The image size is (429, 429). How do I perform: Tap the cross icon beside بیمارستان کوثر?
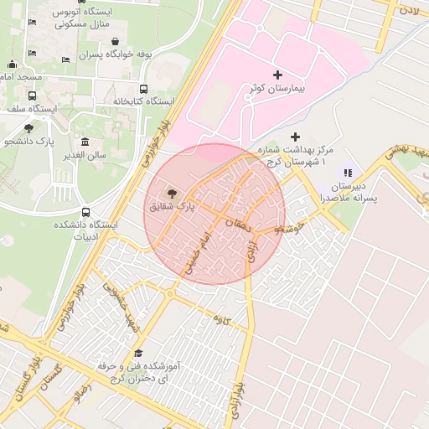pos(278,75)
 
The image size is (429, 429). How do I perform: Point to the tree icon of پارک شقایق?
pos(173,192)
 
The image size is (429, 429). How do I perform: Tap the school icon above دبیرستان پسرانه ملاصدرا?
pos(348,173)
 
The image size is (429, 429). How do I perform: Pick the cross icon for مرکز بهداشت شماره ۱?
pos(294,137)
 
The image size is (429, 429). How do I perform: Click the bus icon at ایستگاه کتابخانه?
pos(144,89)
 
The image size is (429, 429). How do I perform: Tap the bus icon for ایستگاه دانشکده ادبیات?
pos(85,213)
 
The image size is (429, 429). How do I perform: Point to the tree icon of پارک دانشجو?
pos(29,128)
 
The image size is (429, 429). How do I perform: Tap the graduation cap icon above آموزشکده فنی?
pos(138,354)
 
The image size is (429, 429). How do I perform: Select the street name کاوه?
pos(221,319)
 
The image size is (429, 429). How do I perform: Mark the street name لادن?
pos(408,10)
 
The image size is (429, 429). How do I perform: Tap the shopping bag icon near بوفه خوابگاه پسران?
pos(114,41)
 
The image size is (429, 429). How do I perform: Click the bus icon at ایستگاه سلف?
pos(32,96)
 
